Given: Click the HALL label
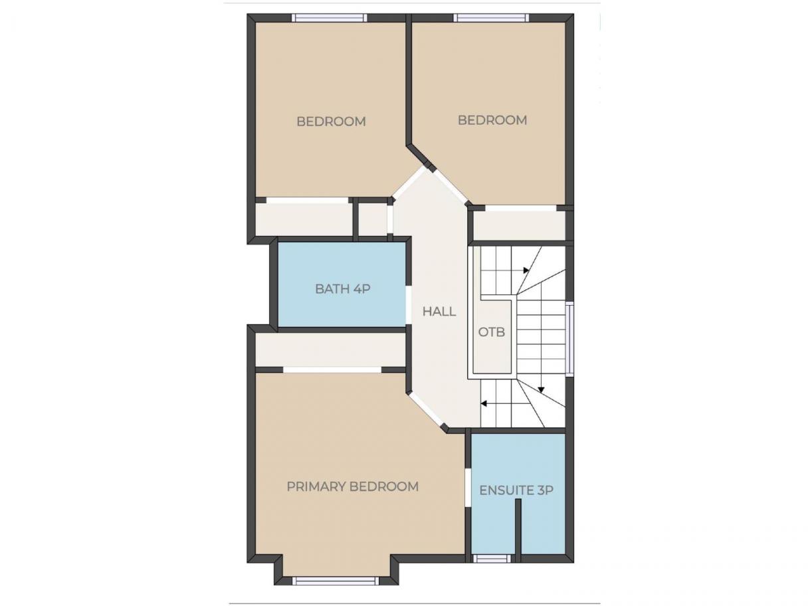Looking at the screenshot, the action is (x=439, y=312).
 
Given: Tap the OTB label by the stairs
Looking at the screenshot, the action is (x=492, y=332).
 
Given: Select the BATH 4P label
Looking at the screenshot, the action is (x=343, y=289).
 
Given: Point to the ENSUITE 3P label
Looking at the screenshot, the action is (x=516, y=490).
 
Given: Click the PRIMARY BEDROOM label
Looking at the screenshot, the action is (x=353, y=487).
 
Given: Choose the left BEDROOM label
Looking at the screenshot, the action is (x=332, y=122).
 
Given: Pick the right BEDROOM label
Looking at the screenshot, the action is (x=492, y=120).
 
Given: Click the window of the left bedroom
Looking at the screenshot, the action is (x=330, y=18).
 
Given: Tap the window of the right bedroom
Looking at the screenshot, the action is (x=491, y=18).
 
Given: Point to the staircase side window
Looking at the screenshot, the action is (x=569, y=339).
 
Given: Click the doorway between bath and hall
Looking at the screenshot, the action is (x=408, y=305).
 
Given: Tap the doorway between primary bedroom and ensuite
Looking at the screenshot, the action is (x=468, y=488).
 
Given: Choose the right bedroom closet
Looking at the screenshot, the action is (x=519, y=225).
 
